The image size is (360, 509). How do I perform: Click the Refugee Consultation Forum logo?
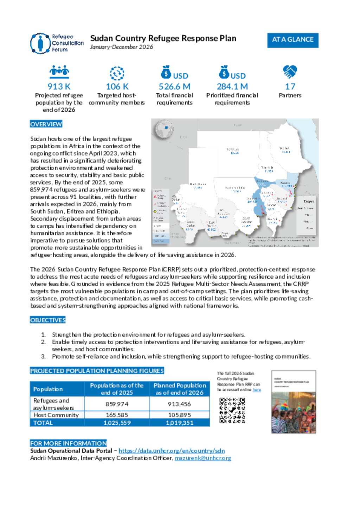point(57,43)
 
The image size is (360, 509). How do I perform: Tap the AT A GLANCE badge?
point(292,40)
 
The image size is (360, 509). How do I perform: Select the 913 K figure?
point(59,86)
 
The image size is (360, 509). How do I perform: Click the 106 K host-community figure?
point(117,86)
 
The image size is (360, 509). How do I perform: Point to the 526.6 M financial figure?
point(174,86)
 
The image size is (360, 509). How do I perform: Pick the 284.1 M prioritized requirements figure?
point(232,86)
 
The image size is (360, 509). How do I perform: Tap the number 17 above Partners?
point(290,86)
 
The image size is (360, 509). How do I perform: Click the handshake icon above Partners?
point(290,72)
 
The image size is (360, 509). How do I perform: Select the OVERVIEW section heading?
point(46,124)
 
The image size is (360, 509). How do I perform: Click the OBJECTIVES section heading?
point(48,320)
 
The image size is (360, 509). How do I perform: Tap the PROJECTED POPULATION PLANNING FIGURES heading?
point(97,371)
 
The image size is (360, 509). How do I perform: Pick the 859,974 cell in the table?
point(117,404)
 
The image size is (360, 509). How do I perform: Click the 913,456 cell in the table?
point(179,404)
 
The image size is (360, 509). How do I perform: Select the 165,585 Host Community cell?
point(117,415)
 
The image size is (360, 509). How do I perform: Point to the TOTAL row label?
point(43,423)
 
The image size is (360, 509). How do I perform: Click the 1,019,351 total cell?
point(179,423)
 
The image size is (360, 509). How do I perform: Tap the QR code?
point(232,410)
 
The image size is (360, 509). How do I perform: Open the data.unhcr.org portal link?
point(172,451)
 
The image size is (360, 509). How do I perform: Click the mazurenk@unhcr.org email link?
point(203,458)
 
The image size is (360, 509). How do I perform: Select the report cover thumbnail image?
point(294,402)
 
